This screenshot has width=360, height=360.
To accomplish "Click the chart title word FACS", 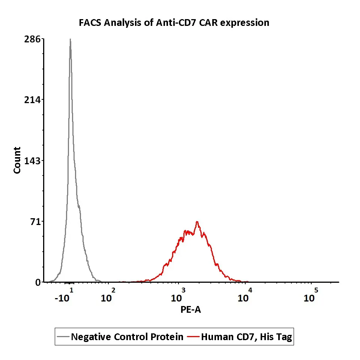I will [90, 23].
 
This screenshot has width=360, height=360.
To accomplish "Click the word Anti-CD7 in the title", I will [172, 23].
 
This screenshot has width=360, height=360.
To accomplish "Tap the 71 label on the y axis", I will [35, 221].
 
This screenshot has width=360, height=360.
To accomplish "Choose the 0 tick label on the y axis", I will [38, 282].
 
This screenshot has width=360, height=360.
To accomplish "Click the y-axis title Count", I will [17, 160].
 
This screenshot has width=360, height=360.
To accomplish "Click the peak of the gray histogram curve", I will [70, 39].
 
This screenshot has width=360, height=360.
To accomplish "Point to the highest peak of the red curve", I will [197, 222].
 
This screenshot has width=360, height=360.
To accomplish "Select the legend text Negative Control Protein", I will [127, 337].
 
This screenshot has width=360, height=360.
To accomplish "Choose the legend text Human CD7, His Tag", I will [246, 337].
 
